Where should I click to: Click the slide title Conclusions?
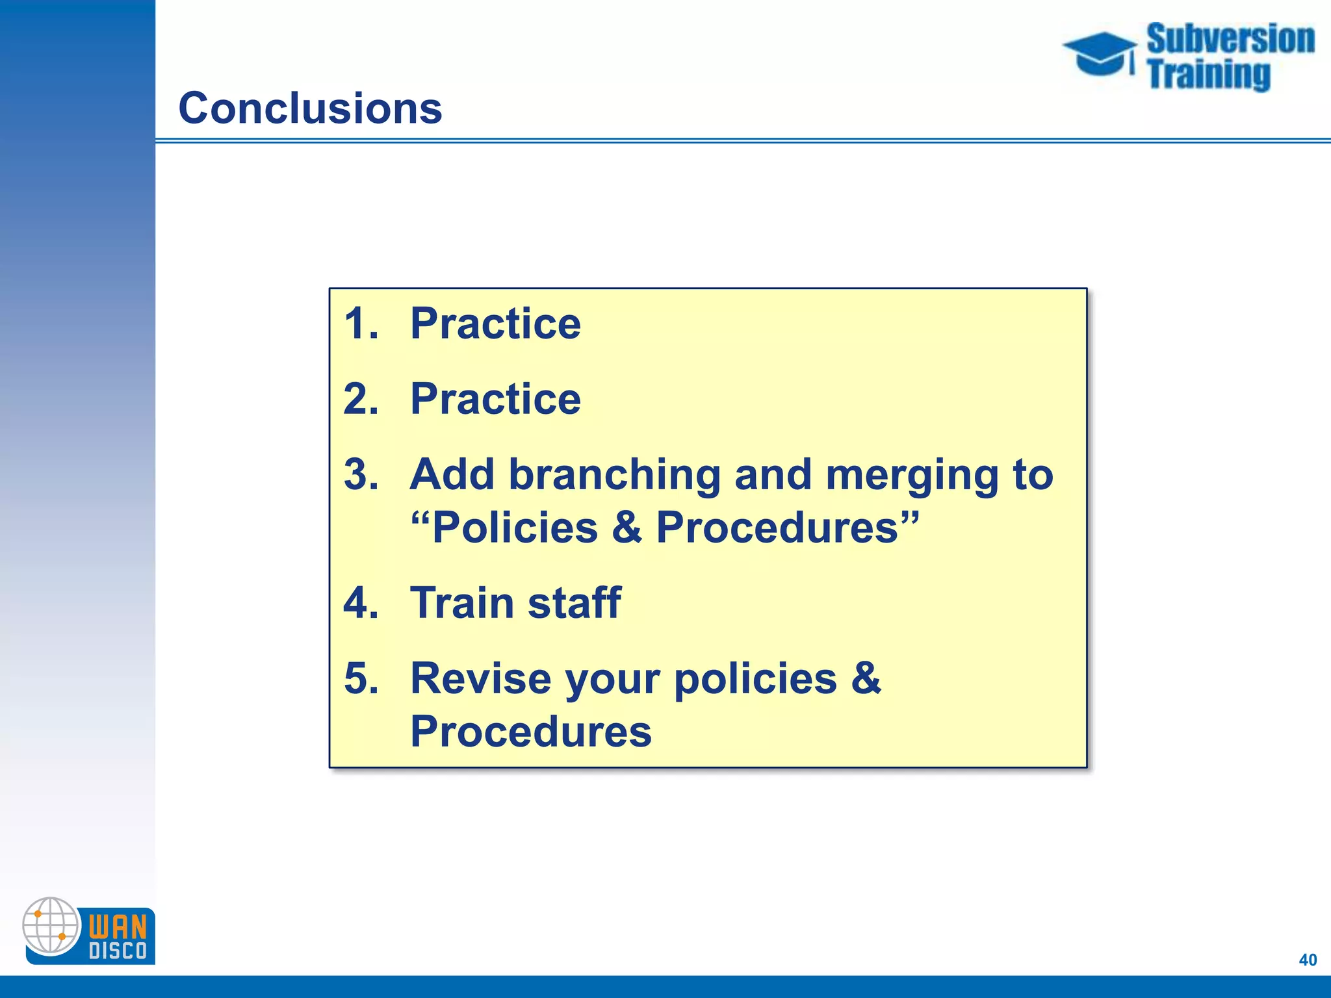pyautogui.click(x=310, y=108)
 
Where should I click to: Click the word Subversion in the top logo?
pyautogui.click(x=1230, y=39)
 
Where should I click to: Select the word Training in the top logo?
pyautogui.click(x=1208, y=74)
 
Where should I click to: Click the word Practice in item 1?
pyautogui.click(x=495, y=324)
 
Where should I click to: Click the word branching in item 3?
pyautogui.click(x=614, y=475)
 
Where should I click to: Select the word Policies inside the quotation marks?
pyautogui.click(x=515, y=527)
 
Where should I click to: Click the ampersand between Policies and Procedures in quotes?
pyautogui.click(x=627, y=527)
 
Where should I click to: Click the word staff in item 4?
pyautogui.click(x=575, y=602)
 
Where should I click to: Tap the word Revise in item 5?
pyautogui.click(x=481, y=678)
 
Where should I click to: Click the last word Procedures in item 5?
pyautogui.click(x=530, y=732)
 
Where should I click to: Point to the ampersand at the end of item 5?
pyautogui.click(x=866, y=678)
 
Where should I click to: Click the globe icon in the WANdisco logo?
pyautogui.click(x=51, y=926)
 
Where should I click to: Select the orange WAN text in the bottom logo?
pyautogui.click(x=118, y=927)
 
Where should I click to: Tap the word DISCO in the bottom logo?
pyautogui.click(x=118, y=951)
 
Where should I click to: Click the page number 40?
pyautogui.click(x=1308, y=960)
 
